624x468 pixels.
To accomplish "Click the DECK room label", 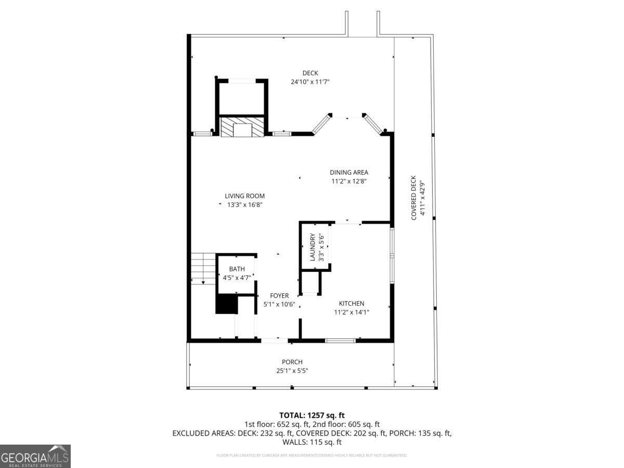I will (x=310, y=73).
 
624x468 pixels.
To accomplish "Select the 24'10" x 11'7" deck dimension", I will (x=310, y=82).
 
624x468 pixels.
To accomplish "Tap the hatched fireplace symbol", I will (x=243, y=127).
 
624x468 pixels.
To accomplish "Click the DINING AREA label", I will (x=349, y=173).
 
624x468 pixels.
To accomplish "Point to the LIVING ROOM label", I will (x=244, y=196).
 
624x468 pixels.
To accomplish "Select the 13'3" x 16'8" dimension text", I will (x=244, y=205).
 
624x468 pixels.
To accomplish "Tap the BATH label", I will (x=237, y=269).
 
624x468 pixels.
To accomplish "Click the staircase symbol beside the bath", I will (x=203, y=268).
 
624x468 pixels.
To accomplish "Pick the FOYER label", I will (x=279, y=296).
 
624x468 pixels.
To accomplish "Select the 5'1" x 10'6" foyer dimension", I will (x=279, y=305).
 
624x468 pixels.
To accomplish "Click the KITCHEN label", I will (x=352, y=304).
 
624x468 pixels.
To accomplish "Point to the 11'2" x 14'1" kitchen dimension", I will (x=352, y=313).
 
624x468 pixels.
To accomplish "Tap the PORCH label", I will (x=292, y=362).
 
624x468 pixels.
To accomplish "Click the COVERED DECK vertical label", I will (x=414, y=198).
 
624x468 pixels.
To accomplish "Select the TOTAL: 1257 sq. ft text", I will (x=312, y=415).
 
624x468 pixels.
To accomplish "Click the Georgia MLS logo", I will (x=35, y=456).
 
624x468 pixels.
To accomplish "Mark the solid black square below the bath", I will (x=226, y=304).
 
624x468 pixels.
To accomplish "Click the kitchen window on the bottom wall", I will (x=340, y=341).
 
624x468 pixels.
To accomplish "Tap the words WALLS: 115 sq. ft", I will (x=312, y=443).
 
